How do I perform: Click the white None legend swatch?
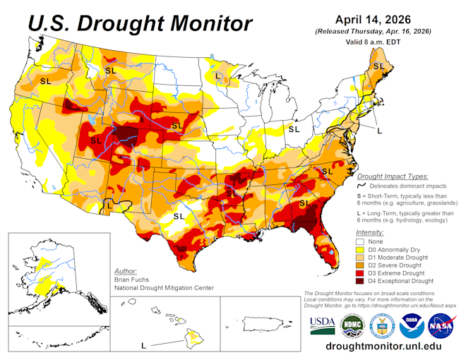(x=360, y=241)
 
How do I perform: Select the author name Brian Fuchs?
(x=130, y=279)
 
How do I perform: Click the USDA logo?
(x=322, y=324)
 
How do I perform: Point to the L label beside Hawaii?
(x=143, y=346)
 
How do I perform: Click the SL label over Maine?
(x=378, y=66)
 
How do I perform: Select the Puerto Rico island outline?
(x=263, y=325)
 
